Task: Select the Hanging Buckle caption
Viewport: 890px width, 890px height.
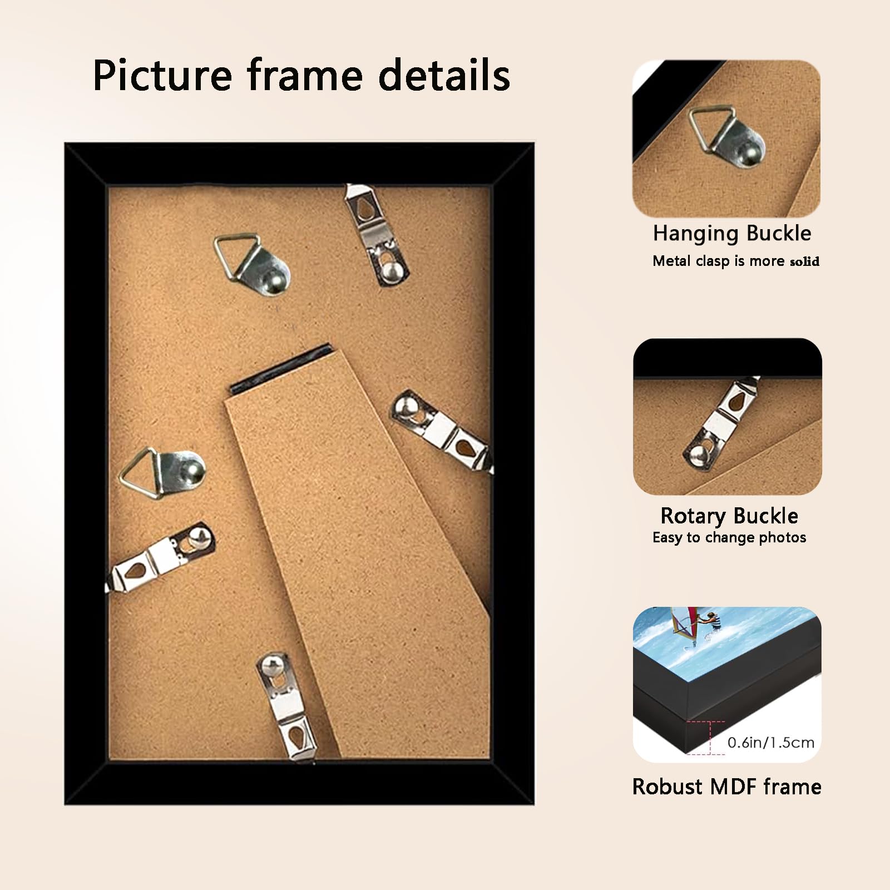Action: (732, 233)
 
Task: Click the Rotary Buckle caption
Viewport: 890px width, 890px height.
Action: (729, 516)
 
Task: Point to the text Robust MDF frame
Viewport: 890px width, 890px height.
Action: (727, 787)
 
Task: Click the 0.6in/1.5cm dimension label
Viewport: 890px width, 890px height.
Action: (771, 742)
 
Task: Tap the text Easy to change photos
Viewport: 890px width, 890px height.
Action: (729, 537)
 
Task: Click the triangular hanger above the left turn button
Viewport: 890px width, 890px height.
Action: (162, 473)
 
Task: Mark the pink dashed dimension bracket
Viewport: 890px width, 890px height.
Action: (706, 737)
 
